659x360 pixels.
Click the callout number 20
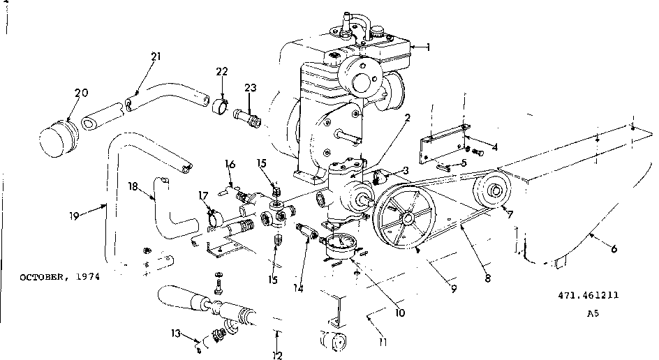81,93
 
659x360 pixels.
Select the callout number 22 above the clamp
221,72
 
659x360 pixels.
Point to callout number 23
250,87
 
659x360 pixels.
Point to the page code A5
592,313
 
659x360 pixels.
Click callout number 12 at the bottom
277,355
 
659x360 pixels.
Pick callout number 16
230,165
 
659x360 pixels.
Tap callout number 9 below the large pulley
454,288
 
